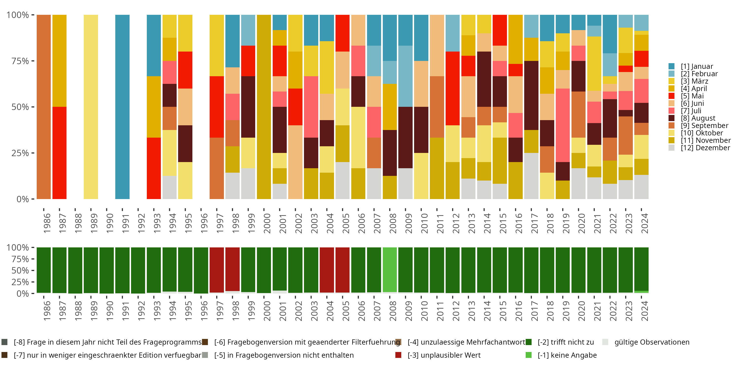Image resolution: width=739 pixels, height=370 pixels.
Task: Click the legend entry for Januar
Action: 697,66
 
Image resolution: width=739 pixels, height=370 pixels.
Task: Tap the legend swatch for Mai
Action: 672,96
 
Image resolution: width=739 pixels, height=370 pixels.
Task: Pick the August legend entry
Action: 698,118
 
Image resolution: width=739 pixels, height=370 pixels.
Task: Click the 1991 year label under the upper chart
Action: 125,223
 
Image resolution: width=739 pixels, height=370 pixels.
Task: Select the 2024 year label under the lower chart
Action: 644,311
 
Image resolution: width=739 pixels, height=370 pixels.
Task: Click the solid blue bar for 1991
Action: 122,107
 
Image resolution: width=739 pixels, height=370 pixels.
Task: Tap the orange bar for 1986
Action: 44,107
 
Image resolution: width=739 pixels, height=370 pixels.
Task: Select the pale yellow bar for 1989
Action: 91,107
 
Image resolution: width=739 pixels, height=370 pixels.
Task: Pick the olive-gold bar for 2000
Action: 264,107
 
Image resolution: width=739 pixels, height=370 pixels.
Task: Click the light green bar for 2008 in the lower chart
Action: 390,269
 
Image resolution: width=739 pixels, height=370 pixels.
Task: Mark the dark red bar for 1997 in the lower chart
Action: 217,269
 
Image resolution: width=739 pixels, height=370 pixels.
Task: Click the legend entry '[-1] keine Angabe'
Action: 567,355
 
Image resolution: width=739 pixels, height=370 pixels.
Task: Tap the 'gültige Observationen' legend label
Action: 652,342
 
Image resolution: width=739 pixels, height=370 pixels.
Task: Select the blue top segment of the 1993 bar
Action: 154,45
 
